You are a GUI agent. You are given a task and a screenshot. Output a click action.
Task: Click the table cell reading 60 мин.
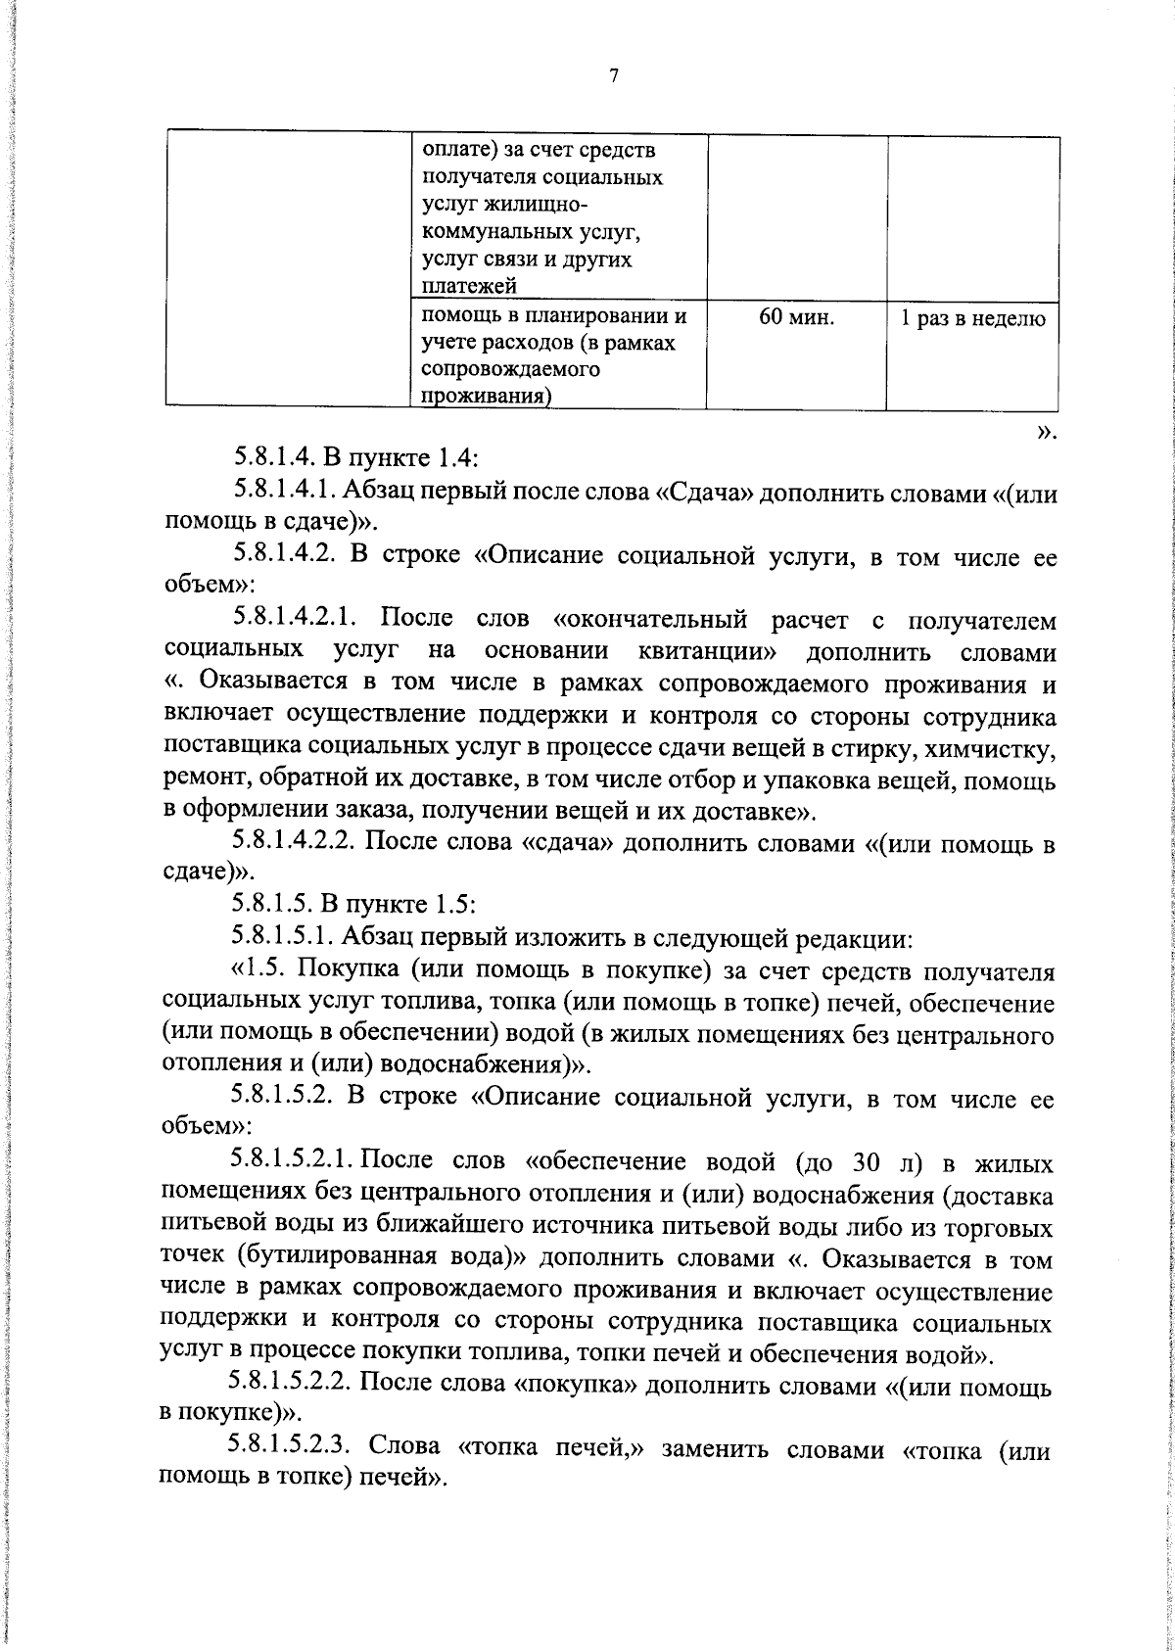[796, 317]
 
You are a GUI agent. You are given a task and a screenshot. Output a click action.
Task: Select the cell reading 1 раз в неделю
[972, 318]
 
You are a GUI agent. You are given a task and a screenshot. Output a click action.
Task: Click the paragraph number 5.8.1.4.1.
[291, 493]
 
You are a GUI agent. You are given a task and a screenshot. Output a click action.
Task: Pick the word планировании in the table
[584, 316]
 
